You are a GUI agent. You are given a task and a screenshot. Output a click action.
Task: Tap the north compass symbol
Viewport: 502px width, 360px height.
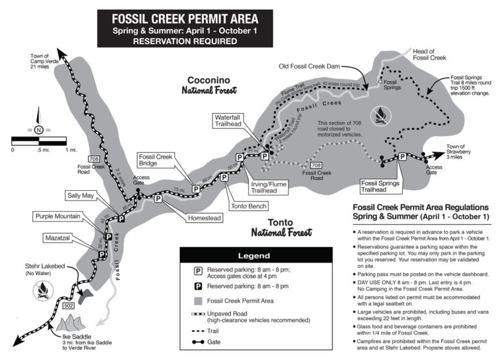pyautogui.click(x=39, y=129)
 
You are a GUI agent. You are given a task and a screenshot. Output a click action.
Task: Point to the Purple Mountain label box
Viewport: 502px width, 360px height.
pyautogui.click(x=58, y=216)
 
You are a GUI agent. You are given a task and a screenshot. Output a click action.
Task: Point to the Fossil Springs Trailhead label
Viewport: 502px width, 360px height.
pyautogui.click(x=382, y=186)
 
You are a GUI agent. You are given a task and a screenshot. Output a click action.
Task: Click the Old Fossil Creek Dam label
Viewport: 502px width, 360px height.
pyautogui.click(x=309, y=65)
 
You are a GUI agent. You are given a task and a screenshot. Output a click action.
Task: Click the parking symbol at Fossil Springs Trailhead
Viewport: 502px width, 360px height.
pyautogui.click(x=403, y=157)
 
